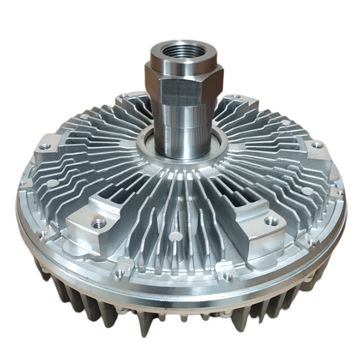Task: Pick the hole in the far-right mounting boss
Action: click(x=317, y=145)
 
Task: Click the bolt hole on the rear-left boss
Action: click(x=125, y=100)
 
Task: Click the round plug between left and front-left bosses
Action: click(x=52, y=183)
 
